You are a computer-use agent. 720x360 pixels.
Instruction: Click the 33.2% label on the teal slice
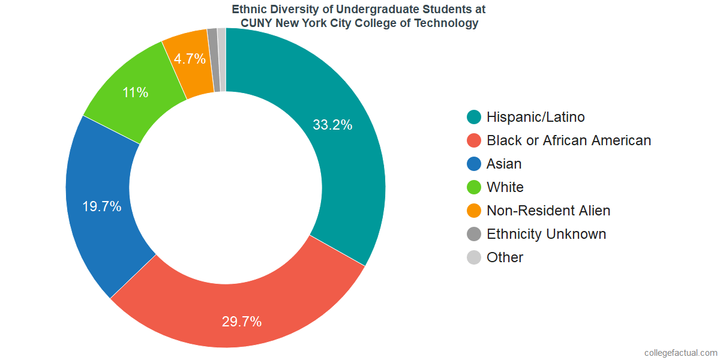click(332, 125)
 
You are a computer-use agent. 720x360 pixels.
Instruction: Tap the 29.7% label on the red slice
click(242, 322)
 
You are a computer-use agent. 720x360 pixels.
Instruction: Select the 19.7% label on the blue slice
click(102, 207)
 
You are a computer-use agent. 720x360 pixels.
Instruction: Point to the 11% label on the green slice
click(136, 92)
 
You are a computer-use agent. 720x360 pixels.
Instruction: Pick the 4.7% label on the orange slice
click(190, 59)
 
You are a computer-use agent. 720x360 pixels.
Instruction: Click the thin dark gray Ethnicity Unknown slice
click(213, 60)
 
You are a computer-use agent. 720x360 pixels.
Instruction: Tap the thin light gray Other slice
click(222, 59)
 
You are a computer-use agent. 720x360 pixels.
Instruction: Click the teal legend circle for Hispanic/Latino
click(474, 117)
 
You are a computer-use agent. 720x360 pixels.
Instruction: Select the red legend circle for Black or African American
click(474, 140)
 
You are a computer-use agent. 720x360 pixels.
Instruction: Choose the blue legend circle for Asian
click(474, 164)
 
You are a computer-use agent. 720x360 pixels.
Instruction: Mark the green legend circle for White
click(474, 187)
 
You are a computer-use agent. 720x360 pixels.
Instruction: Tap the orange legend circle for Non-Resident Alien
click(474, 211)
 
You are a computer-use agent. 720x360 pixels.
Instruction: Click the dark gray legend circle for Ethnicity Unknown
click(474, 234)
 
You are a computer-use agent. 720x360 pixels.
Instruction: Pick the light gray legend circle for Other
click(474, 257)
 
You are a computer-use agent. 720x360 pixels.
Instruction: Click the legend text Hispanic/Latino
click(536, 117)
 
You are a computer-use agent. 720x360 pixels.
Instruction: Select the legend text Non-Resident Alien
click(548, 211)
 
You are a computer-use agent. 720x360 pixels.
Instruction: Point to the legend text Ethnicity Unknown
click(547, 234)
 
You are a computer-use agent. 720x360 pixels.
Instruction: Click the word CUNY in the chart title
click(257, 23)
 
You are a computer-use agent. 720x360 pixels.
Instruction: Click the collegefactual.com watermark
click(680, 353)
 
